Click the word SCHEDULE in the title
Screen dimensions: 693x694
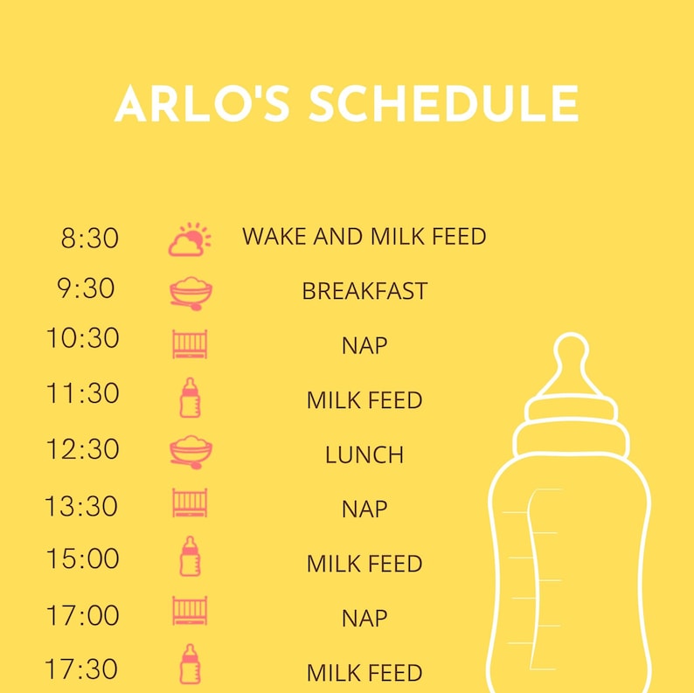pyautogui.click(x=443, y=105)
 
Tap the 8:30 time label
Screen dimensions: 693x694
pyautogui.click(x=89, y=238)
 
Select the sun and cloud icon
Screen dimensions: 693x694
pyautogui.click(x=190, y=239)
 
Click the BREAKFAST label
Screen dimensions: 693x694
pyautogui.click(x=364, y=291)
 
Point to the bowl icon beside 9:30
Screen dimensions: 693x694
pyautogui.click(x=191, y=293)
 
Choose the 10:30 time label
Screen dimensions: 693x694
pyautogui.click(x=82, y=338)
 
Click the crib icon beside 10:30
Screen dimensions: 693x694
pyautogui.click(x=190, y=343)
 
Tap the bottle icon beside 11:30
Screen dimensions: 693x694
pyautogui.click(x=190, y=398)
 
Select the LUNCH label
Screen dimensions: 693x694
pyautogui.click(x=364, y=455)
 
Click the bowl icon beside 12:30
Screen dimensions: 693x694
pyautogui.click(x=191, y=452)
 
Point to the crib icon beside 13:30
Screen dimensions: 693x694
pyautogui.click(x=190, y=504)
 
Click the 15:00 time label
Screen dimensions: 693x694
pyautogui.click(x=82, y=559)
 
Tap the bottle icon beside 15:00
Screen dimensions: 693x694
pyautogui.click(x=190, y=557)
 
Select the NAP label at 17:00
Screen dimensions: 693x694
pyautogui.click(x=364, y=619)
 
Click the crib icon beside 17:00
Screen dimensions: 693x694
pyautogui.click(x=190, y=611)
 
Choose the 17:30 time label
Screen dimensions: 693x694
pyautogui.click(x=82, y=669)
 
